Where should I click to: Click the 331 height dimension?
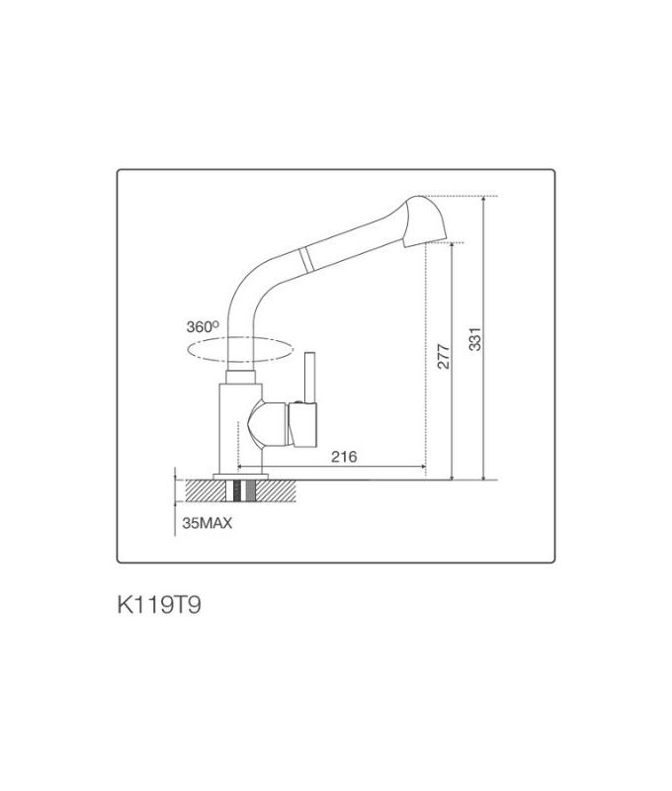point(475,339)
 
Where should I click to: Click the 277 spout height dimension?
point(444,356)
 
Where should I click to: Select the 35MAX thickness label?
point(207,525)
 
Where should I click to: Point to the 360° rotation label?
point(201,326)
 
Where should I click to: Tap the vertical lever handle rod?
point(308,376)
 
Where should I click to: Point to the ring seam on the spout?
point(307,259)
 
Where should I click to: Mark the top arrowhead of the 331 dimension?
point(484,200)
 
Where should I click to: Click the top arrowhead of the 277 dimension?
point(453,246)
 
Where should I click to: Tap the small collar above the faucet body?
point(240,374)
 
